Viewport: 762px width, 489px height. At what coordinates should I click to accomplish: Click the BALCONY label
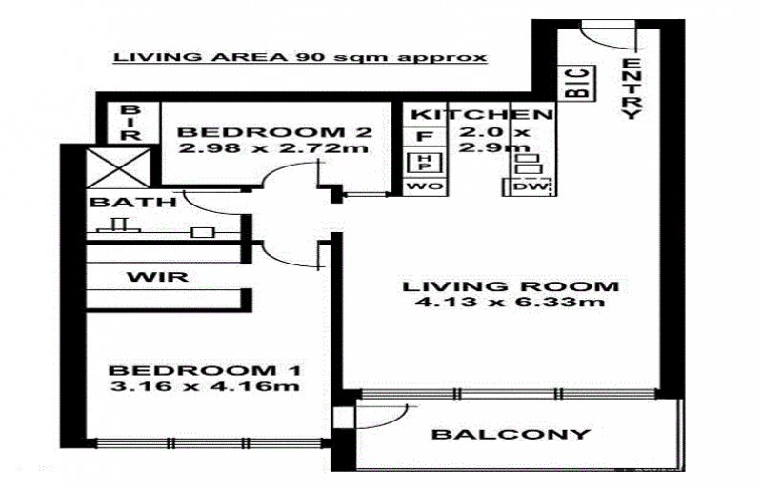tap(511, 434)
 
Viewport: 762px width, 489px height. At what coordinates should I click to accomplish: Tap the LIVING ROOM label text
tap(511, 286)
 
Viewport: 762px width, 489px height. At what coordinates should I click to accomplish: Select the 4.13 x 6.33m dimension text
tap(511, 302)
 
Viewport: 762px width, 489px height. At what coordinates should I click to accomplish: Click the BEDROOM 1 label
tap(205, 370)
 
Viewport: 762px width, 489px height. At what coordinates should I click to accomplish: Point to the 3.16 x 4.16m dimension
tap(205, 386)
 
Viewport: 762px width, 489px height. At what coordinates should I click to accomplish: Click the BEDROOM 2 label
tap(274, 131)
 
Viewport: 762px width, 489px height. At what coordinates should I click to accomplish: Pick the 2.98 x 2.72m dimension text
tap(273, 147)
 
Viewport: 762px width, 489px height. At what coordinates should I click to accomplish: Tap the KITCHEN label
tap(482, 114)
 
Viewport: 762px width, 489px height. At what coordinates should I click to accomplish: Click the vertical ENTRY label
tap(632, 88)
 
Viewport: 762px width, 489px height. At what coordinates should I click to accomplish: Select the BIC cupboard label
tap(577, 83)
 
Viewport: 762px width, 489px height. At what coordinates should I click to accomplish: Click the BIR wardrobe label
tap(130, 123)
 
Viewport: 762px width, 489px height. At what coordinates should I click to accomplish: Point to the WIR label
tap(157, 277)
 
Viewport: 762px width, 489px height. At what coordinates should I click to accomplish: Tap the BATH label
tap(133, 202)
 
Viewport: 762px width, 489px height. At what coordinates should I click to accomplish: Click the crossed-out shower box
tap(118, 168)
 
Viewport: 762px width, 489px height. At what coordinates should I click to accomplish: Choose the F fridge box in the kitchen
tap(425, 136)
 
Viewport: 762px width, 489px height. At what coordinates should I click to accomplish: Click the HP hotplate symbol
tap(424, 162)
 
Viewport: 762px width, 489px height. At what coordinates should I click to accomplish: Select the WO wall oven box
tap(425, 186)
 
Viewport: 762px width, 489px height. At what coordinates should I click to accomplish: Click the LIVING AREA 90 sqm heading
tap(300, 57)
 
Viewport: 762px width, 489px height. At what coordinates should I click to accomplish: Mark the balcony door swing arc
tap(391, 418)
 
